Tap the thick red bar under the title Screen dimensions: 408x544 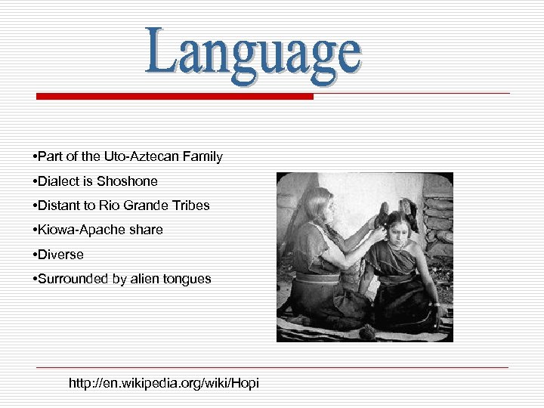[175, 97]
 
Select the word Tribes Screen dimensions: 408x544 [190, 206]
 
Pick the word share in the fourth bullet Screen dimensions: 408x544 [146, 230]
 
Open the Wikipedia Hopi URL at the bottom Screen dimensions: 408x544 [163, 383]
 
